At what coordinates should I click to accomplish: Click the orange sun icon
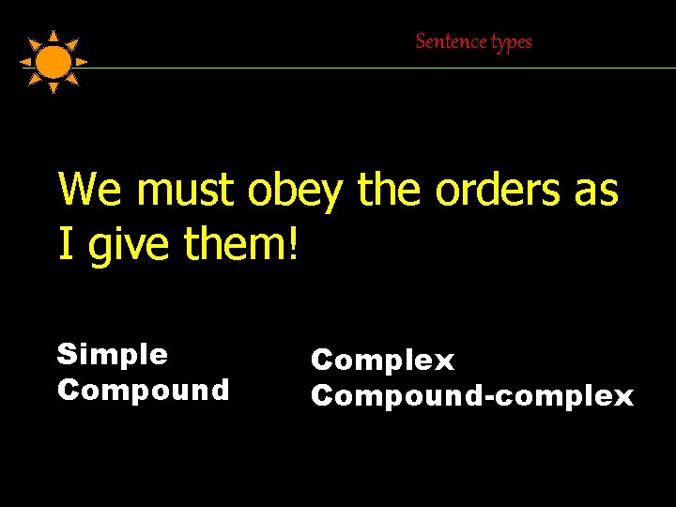pyautogui.click(x=54, y=62)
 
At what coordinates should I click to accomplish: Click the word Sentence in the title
pyautogui.click(x=452, y=41)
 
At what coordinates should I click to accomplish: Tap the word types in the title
pyautogui.click(x=511, y=42)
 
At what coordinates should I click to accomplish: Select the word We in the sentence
pyautogui.click(x=91, y=190)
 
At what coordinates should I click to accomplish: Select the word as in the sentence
pyautogui.click(x=594, y=191)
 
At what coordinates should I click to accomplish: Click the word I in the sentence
pyautogui.click(x=66, y=244)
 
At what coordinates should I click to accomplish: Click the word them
pyautogui.click(x=236, y=244)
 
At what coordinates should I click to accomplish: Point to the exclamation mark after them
pyautogui.click(x=294, y=244)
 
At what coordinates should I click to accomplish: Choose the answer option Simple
pyautogui.click(x=113, y=355)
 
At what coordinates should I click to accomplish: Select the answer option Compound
pyautogui.click(x=143, y=390)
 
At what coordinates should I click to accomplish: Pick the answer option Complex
pyautogui.click(x=382, y=361)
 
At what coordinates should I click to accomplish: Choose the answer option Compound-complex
pyautogui.click(x=472, y=396)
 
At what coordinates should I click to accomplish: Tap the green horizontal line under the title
pyautogui.click(x=376, y=68)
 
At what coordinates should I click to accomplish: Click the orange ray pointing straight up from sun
pyautogui.click(x=54, y=36)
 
